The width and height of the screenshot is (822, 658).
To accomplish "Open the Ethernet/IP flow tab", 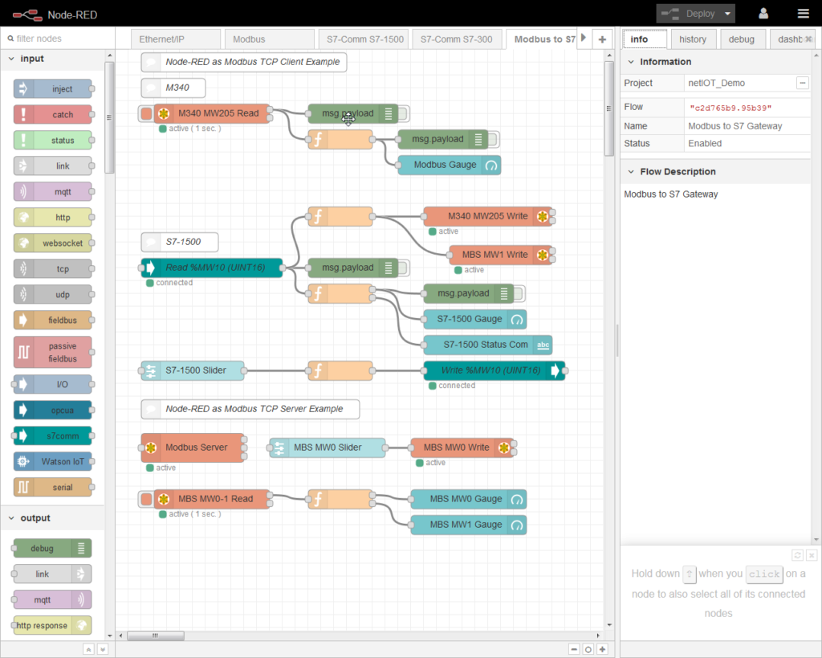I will (166, 39).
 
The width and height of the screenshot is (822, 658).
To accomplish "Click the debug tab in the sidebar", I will (741, 39).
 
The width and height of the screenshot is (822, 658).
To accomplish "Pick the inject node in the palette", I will (53, 89).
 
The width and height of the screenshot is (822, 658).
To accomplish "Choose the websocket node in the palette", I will (53, 243).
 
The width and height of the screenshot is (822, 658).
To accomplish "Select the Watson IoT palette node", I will (53, 462).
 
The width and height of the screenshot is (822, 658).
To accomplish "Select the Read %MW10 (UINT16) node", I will (213, 268).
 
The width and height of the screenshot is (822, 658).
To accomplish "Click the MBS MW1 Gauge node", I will (468, 525).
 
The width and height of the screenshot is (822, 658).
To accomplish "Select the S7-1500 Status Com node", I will (487, 345).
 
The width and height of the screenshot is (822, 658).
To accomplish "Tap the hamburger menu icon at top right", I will (803, 14).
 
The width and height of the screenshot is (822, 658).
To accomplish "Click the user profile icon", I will (763, 14).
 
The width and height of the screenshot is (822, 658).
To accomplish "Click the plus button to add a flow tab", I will (602, 39).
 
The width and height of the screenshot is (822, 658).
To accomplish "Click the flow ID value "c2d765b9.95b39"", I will (730, 107).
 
